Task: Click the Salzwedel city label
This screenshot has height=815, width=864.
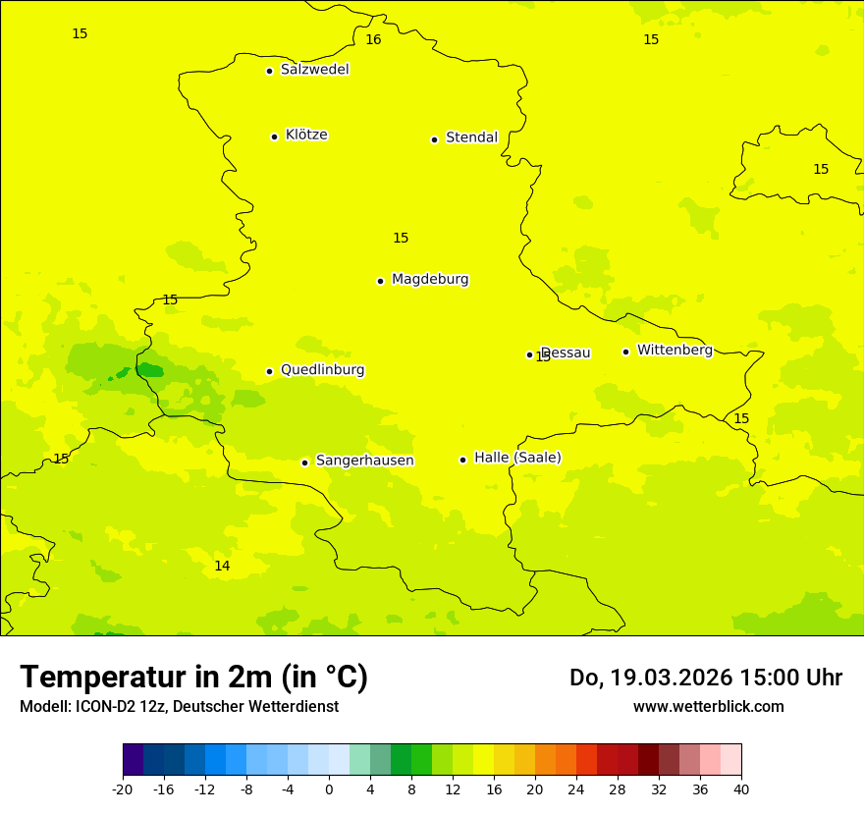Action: click(314, 70)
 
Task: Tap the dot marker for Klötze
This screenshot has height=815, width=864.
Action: click(274, 136)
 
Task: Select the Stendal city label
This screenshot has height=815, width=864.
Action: click(471, 137)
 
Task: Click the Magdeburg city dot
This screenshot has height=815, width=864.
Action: click(380, 281)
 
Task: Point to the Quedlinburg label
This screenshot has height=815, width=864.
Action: click(322, 370)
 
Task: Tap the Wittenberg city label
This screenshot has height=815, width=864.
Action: click(674, 350)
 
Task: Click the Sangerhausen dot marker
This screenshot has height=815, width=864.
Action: click(304, 462)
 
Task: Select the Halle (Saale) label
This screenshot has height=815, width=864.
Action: click(517, 458)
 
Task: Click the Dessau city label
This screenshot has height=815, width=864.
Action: click(566, 353)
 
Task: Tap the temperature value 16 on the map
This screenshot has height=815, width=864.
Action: click(373, 40)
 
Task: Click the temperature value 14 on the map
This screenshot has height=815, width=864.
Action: click(222, 567)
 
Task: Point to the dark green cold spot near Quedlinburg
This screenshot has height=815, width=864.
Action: click(149, 370)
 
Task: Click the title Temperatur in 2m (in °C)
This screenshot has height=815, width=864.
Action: click(193, 677)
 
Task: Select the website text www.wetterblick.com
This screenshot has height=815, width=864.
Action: click(708, 707)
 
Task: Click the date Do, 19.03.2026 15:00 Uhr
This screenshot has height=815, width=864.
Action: click(705, 678)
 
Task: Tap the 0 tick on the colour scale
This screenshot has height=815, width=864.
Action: click(329, 789)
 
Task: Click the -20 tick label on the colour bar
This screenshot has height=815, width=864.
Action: click(123, 789)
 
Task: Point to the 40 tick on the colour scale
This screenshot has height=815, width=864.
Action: click(741, 789)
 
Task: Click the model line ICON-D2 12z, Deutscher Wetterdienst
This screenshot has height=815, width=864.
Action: click(179, 707)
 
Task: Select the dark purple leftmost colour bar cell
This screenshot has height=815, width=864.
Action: click(133, 760)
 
